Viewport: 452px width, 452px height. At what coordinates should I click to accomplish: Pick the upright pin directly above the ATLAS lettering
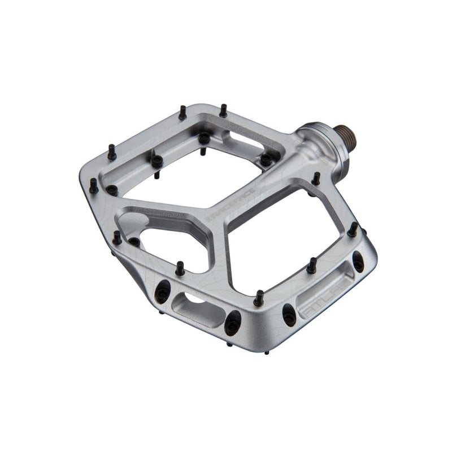[311, 266]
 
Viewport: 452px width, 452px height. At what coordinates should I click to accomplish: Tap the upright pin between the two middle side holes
[259, 297]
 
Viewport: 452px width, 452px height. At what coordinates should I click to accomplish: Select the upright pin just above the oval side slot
[180, 268]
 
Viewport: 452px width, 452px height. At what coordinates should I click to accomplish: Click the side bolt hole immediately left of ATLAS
[289, 314]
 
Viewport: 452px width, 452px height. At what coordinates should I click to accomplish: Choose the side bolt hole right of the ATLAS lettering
[358, 262]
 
